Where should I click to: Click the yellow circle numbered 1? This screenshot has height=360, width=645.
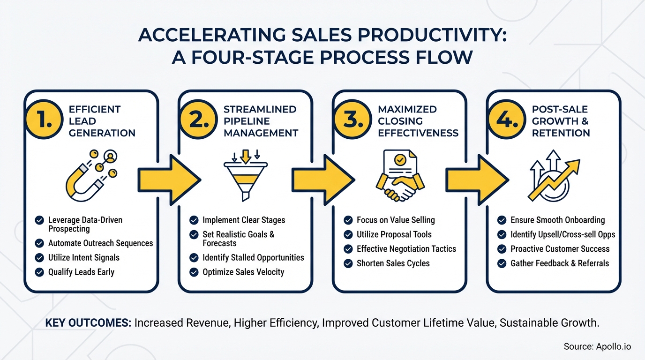[44, 121]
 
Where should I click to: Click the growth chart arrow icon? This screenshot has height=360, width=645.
[553, 176]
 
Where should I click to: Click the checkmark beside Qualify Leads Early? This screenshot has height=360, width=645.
[40, 272]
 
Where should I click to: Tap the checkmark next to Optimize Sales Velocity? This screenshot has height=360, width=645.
[194, 272]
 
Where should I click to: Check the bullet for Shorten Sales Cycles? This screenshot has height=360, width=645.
[348, 263]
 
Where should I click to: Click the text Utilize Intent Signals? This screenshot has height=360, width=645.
[84, 257]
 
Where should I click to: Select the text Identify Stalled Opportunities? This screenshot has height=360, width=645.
[253, 257]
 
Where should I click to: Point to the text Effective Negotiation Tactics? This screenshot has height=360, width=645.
[406, 249]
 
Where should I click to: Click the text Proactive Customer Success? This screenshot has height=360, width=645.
[560, 249]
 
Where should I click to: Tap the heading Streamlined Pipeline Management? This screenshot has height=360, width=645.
[261, 121]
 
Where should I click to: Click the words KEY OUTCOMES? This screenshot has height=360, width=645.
[88, 323]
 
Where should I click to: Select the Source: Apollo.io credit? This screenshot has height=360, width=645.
[597, 346]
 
